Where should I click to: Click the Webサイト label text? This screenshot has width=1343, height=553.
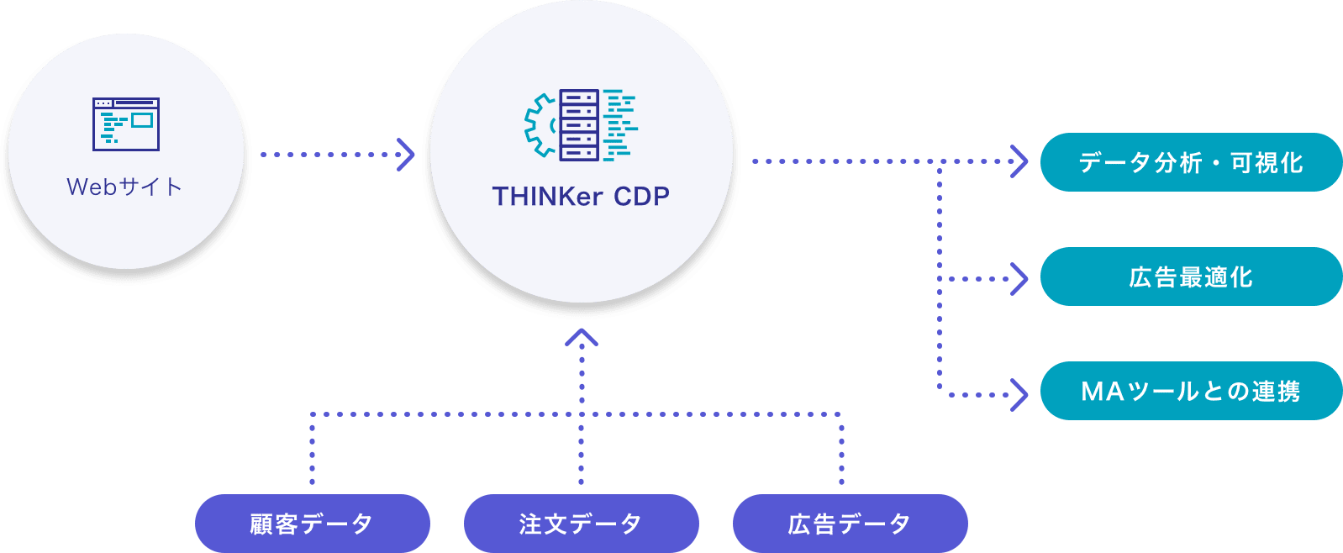[x=124, y=187]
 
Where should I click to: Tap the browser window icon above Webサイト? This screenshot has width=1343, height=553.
[x=126, y=124]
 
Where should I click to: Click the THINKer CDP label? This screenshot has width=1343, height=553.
[x=581, y=197]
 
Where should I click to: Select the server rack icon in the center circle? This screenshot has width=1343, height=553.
[x=580, y=124]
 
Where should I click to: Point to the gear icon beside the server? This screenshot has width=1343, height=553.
[x=541, y=125]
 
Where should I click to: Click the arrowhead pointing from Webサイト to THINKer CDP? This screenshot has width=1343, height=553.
[x=407, y=155]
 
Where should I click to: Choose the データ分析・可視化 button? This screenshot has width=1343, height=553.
[x=1190, y=162]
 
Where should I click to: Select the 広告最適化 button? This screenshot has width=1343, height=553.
[x=1190, y=276]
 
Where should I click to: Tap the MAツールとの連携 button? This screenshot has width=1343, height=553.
[x=1190, y=391]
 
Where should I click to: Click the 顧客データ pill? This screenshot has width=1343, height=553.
[x=312, y=524]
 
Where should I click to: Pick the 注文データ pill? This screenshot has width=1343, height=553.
[x=581, y=524]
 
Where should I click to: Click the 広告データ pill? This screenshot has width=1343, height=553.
[x=850, y=524]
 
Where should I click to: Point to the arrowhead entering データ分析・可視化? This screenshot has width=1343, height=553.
[x=1019, y=161]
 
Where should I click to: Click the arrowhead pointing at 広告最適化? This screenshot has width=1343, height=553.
[x=1019, y=279]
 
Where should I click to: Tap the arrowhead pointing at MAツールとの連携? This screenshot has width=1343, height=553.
[x=1019, y=394]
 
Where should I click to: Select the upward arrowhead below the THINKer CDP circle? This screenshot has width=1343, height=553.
[x=582, y=338]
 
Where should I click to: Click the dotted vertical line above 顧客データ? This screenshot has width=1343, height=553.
[x=312, y=450]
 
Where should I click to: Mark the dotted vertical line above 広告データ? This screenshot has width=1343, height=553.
[x=841, y=450]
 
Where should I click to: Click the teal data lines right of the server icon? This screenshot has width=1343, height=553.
[x=620, y=124]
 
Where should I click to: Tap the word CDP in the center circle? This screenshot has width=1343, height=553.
[x=641, y=197]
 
